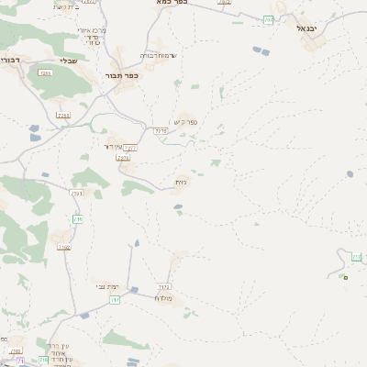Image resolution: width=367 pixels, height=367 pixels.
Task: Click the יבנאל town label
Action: [306, 28]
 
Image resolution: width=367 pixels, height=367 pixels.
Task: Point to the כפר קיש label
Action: [183, 122]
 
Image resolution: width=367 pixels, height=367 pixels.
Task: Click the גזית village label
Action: [182, 183]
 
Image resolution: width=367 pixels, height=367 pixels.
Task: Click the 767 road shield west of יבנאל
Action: [269, 19]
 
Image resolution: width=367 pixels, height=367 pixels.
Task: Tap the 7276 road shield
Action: [161, 131]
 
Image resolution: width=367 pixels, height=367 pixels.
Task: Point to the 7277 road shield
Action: [130, 148]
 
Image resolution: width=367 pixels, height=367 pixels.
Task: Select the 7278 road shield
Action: [124, 159]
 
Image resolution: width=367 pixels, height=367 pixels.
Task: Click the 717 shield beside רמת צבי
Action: [115, 299]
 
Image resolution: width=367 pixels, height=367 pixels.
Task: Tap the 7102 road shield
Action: [78, 192]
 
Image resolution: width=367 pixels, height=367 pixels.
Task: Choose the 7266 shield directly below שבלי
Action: [63, 116]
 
